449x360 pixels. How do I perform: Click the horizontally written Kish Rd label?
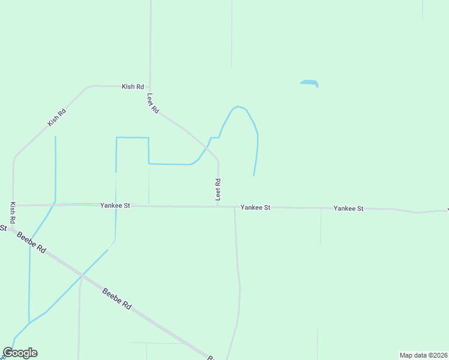tap(133, 86)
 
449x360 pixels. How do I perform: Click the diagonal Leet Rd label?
tap(153, 103)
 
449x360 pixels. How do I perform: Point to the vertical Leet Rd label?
tap(218, 189)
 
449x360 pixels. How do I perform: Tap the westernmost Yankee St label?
tap(115, 205)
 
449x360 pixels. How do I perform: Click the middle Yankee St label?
tap(256, 207)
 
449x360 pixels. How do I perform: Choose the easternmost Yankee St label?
tap(349, 208)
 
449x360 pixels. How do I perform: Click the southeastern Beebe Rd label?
tap(116, 299)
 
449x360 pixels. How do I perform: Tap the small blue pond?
tap(309, 83)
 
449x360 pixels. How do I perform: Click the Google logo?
tap(20, 353)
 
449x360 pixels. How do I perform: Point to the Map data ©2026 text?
tap(423, 355)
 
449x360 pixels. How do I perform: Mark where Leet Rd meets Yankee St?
tap(218, 206)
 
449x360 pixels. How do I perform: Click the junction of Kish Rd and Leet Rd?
tap(150, 86)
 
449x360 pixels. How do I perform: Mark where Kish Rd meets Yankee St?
tap(13, 205)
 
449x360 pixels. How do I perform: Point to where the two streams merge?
tap(29, 322)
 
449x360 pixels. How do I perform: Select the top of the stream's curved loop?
tap(238, 107)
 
